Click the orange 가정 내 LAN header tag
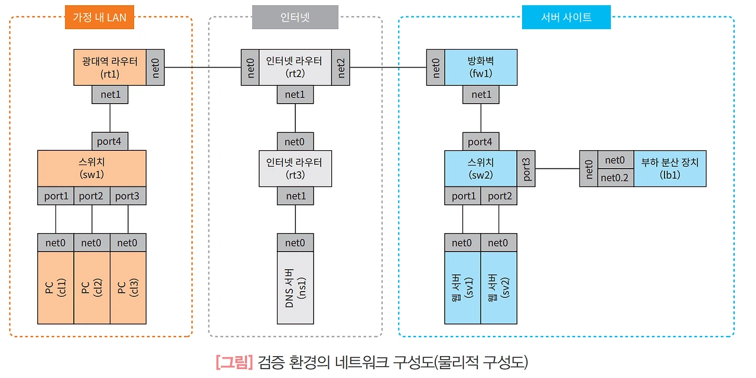[99, 17]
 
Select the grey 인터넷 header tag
[295, 17]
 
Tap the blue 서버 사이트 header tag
[566, 17]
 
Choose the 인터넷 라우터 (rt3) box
[295, 168]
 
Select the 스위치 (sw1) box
[92, 168]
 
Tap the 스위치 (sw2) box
[480, 168]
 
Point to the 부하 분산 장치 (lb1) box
[670, 168]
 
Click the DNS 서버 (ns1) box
[295, 287]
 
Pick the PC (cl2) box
[92, 287]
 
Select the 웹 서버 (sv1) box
[462, 287]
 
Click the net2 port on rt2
[341, 67]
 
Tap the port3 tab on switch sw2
[526, 169]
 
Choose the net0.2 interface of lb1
[615, 177]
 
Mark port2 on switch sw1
[92, 196]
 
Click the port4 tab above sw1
[110, 141]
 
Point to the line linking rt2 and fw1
[388, 67]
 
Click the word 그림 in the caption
[234, 361]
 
